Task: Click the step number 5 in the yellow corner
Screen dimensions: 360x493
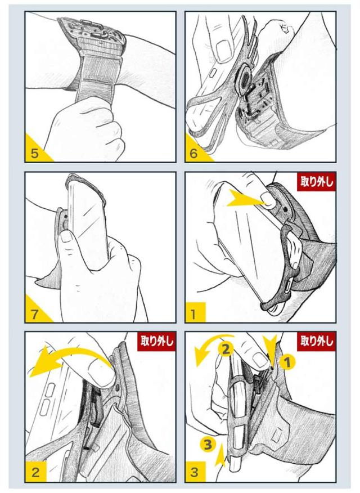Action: tap(34, 153)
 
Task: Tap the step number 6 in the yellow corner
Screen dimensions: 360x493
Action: tap(194, 153)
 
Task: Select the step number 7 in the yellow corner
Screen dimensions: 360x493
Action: tap(34, 314)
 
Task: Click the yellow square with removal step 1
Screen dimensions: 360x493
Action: tap(195, 312)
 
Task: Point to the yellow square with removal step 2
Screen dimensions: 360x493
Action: tap(36, 472)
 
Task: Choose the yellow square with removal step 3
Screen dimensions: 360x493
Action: tap(195, 472)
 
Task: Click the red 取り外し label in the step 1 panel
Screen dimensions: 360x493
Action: tap(316, 182)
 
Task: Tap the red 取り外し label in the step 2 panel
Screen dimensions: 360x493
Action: tap(157, 341)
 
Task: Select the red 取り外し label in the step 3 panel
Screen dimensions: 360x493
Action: tap(316, 341)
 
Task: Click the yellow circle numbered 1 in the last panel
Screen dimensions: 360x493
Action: tap(287, 362)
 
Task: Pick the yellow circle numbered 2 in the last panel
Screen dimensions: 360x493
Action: tap(226, 348)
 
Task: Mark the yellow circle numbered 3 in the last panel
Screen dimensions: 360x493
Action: tap(208, 444)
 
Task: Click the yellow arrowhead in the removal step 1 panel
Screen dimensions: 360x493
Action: tap(245, 199)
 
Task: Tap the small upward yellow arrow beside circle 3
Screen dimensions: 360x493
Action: tap(220, 454)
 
